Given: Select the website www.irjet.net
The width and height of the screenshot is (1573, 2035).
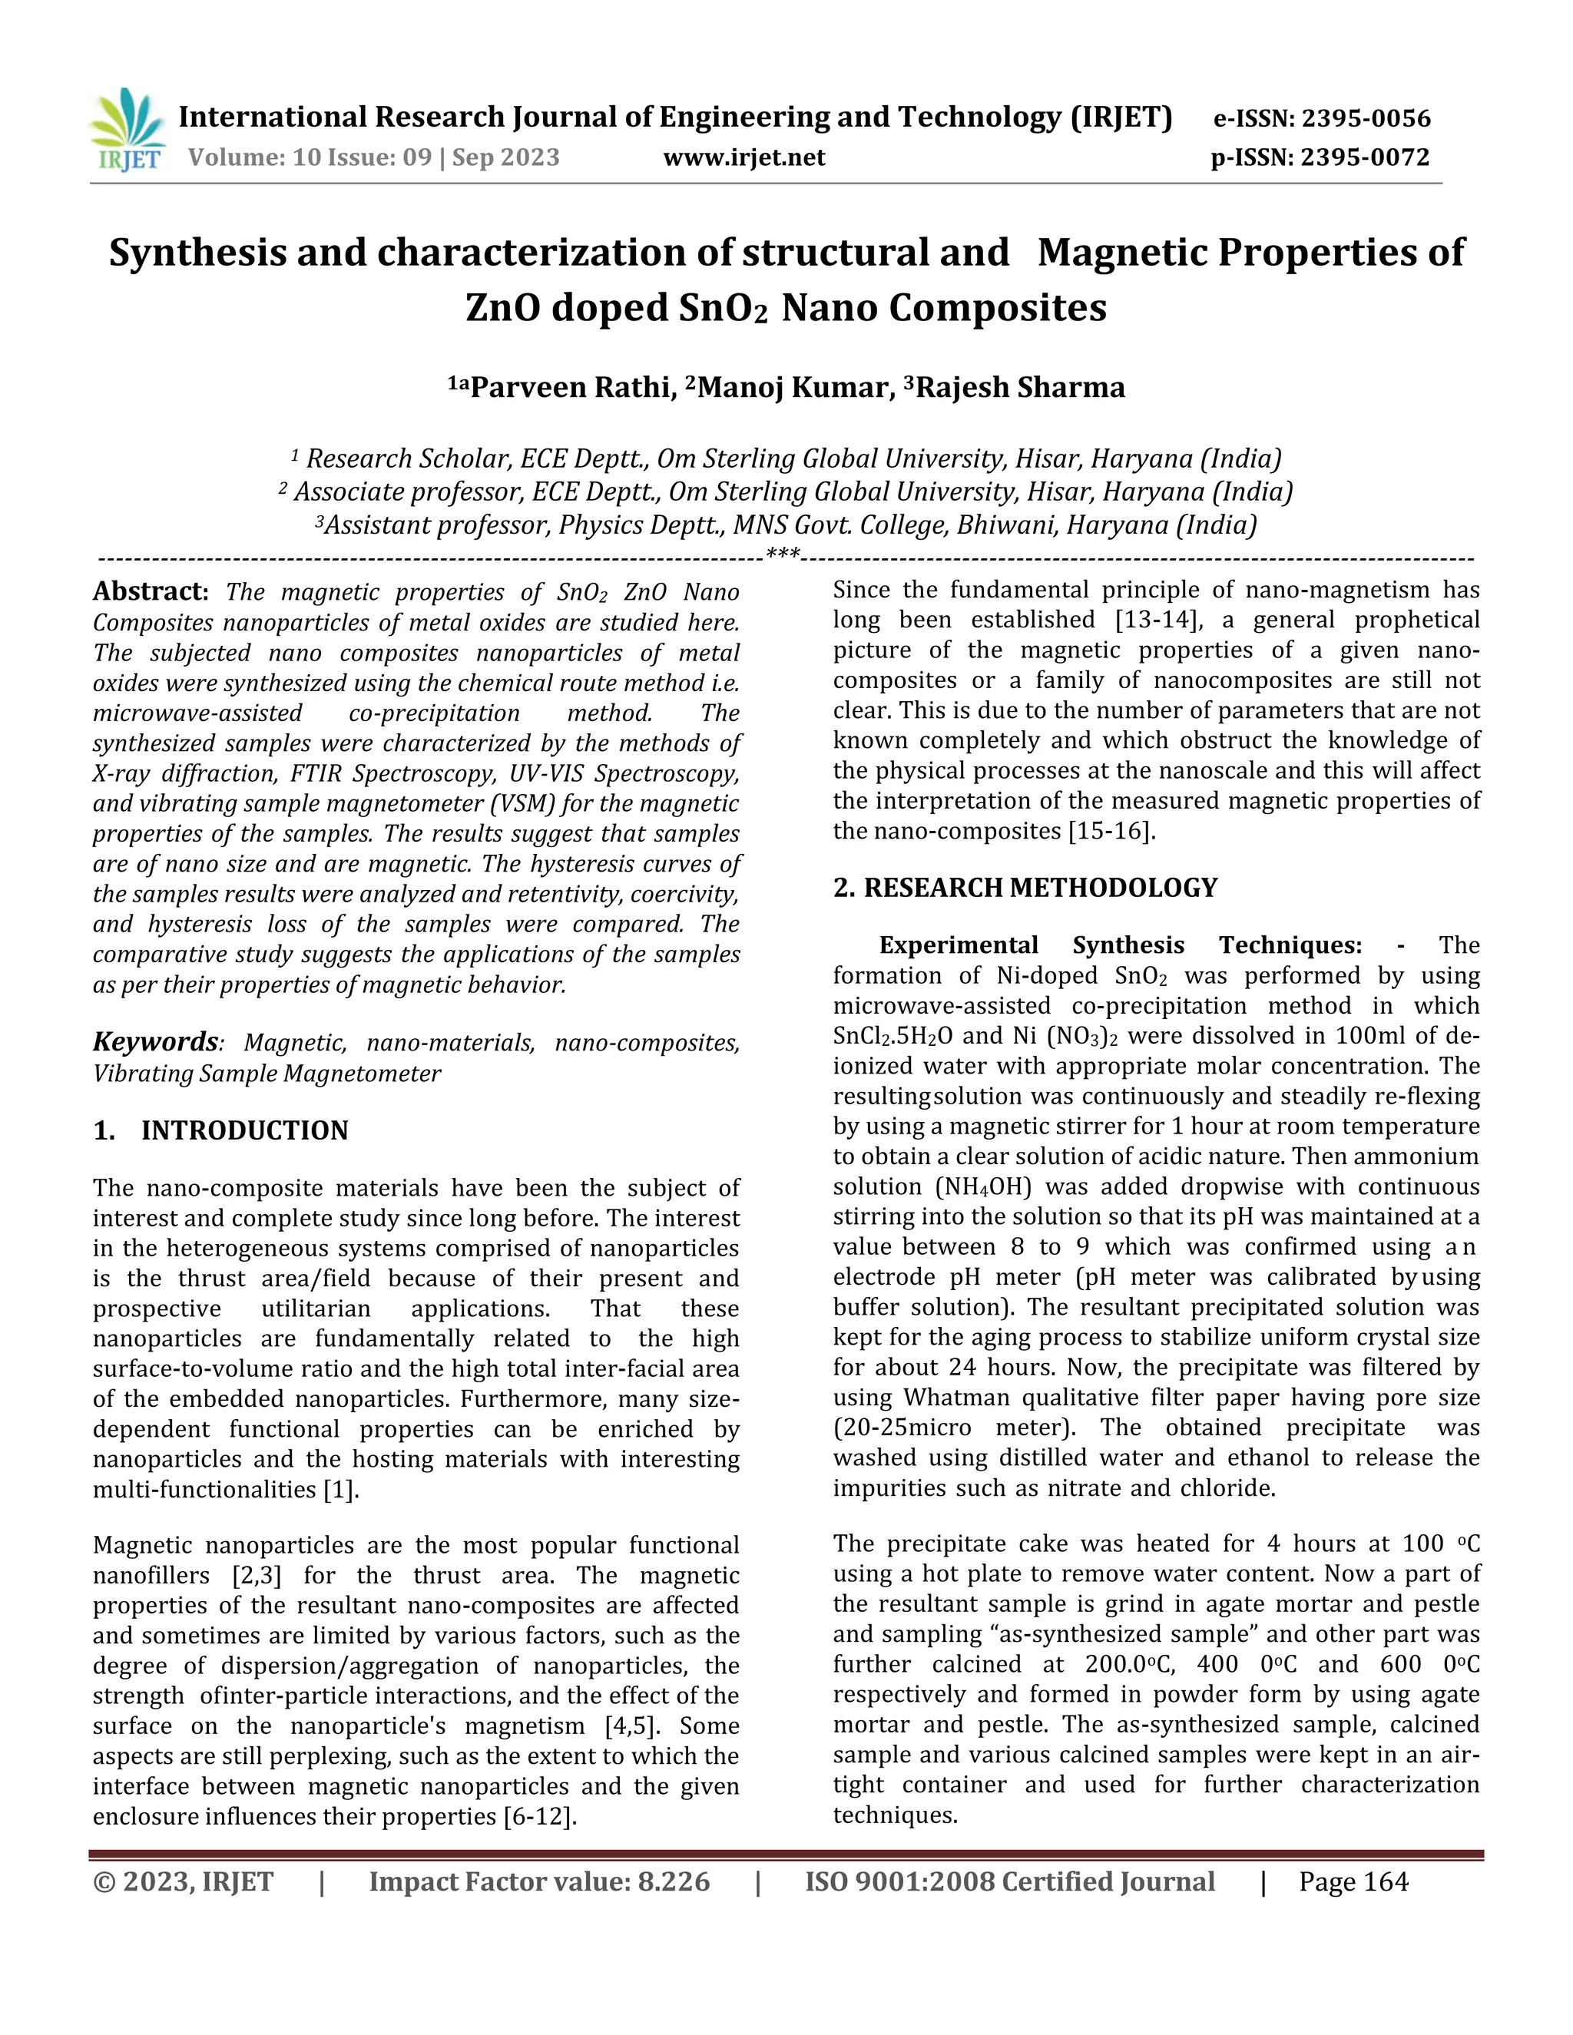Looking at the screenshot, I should coord(743,157).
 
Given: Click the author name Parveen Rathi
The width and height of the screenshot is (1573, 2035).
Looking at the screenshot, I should coord(572,388).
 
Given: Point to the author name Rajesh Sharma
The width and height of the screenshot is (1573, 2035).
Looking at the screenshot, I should coord(1021,388).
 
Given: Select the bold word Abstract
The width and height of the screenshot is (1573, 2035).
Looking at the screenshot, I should coord(149,591).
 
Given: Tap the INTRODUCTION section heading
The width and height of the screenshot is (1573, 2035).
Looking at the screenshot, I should coord(244,1130).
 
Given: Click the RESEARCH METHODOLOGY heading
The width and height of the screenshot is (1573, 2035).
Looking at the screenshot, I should coord(1040,887).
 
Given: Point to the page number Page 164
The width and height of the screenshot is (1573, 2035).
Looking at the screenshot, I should coord(1353,1881).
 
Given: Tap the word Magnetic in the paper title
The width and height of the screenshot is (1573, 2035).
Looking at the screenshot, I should coord(1118,253).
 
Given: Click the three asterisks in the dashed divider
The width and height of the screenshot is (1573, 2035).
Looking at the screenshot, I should coord(782,555).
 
